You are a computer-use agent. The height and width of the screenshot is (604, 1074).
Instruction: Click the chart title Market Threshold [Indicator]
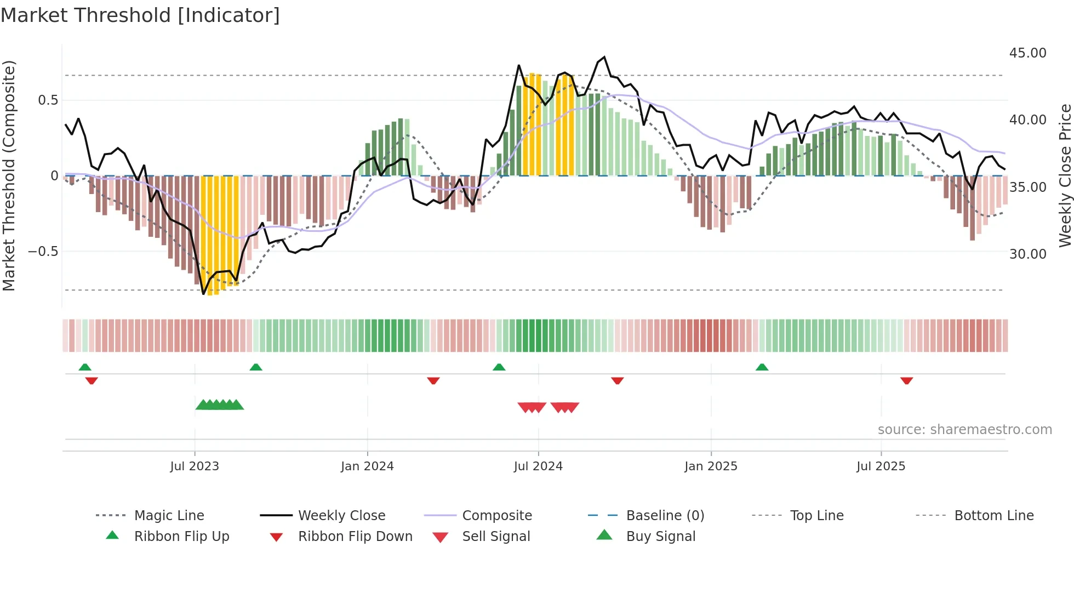point(140,15)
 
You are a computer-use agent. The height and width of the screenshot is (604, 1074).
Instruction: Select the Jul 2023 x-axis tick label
point(195,466)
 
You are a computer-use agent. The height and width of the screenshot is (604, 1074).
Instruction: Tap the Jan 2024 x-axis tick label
point(367,466)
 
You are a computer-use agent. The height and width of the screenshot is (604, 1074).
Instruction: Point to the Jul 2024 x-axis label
point(538,466)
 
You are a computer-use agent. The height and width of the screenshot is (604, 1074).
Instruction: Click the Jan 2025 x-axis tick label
point(711,466)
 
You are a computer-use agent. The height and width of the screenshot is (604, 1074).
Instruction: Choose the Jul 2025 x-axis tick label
point(881,466)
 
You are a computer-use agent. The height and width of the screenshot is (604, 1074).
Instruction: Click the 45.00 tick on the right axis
point(1027,53)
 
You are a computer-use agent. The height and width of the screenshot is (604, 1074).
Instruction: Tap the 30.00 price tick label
point(1027,254)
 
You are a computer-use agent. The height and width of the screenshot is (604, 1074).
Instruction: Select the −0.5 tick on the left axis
point(43,252)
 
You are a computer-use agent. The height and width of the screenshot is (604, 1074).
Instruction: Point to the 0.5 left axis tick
point(48,100)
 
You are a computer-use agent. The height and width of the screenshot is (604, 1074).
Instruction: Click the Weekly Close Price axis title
point(1065,175)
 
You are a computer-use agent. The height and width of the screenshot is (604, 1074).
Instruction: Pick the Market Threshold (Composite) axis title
point(9,175)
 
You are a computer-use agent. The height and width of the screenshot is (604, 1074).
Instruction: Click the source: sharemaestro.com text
point(964,430)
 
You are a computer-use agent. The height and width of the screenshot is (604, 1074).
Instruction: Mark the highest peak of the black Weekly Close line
point(604,57)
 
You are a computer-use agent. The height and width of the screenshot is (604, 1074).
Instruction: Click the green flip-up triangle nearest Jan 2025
point(762,367)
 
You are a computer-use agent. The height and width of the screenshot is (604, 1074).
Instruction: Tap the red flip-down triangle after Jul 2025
point(906,380)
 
